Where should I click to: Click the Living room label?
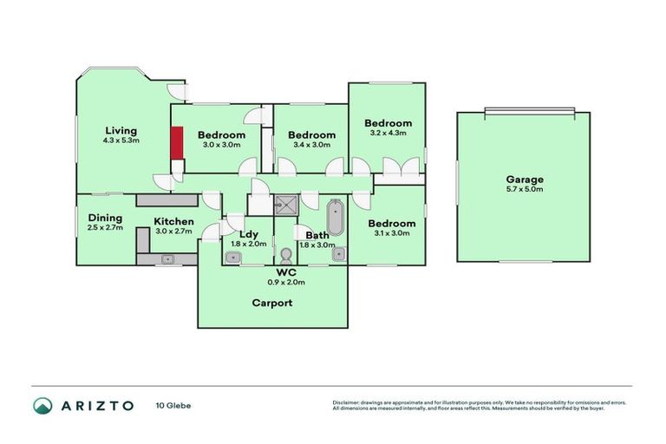coord(121,131)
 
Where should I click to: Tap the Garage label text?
coord(525,180)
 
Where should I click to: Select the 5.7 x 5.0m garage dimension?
coord(525,189)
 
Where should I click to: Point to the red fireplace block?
coord(176,143)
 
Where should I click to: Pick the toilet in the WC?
coord(287,256)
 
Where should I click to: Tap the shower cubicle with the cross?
coord(285,205)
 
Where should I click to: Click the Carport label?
coord(271,304)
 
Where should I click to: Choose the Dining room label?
coord(105,219)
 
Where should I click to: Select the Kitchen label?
coord(173,221)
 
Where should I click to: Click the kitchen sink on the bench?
coord(168,258)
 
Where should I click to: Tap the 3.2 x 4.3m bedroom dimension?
coord(388,133)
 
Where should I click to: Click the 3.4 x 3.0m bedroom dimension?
coord(311,145)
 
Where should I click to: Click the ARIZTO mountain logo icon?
coord(42,405)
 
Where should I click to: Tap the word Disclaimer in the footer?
coord(348,403)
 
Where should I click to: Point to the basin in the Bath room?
coord(338,254)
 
